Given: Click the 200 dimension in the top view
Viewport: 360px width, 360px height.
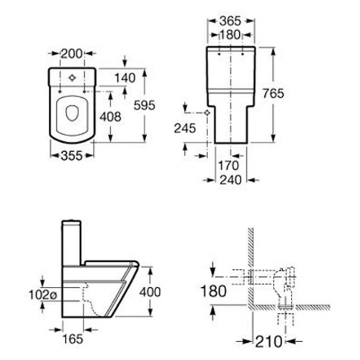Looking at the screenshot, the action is (71, 54).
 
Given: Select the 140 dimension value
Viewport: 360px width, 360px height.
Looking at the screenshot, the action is (125, 78).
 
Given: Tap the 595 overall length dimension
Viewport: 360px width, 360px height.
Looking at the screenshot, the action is (145, 105).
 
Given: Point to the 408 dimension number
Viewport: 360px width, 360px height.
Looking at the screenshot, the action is (110, 117).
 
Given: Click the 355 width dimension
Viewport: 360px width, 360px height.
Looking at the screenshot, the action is (72, 156).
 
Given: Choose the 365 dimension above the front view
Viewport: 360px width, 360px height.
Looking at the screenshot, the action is (230, 21).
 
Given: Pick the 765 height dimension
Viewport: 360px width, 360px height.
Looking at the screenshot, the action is (273, 94).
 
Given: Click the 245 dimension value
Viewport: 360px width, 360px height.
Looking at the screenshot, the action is (185, 128).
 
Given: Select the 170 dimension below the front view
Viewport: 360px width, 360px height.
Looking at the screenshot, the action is (228, 166).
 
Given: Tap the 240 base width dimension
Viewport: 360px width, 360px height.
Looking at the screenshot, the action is (230, 180).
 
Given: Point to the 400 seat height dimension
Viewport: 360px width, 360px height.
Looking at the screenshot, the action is (150, 292).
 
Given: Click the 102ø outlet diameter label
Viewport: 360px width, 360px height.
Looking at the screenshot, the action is (43, 294).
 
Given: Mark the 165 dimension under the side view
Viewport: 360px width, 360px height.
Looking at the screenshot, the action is (73, 339).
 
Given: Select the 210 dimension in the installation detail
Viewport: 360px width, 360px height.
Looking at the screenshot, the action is (269, 341).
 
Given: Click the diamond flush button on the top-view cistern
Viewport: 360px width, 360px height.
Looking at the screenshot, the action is (72, 78).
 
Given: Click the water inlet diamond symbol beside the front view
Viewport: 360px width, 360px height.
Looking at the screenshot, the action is (207, 112).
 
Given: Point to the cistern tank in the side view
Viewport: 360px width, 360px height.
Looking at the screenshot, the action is (71, 243).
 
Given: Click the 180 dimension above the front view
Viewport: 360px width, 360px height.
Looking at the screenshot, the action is (230, 35).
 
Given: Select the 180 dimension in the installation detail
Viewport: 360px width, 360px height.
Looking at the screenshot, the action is (213, 291).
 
